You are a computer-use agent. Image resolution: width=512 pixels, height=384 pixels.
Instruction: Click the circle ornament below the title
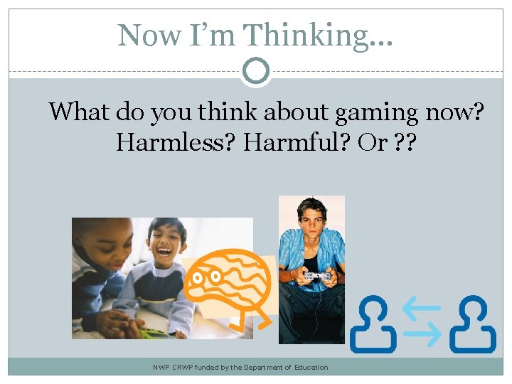[255, 70]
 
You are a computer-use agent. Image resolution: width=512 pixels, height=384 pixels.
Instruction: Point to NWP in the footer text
[161, 368]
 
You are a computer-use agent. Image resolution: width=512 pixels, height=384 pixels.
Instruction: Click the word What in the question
[78, 112]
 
